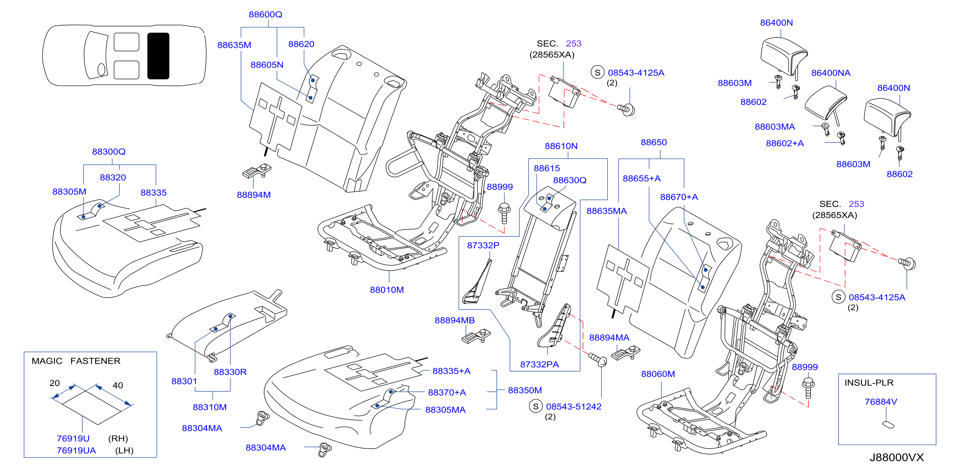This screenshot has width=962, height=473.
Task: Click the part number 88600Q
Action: tap(265, 14)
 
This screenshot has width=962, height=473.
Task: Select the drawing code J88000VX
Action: tap(896, 457)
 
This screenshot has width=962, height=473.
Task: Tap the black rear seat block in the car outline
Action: tap(158, 56)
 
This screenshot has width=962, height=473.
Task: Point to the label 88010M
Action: tap(387, 290)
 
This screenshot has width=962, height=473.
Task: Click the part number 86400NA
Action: tap(831, 73)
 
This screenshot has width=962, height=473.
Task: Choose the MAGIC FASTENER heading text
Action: tap(76, 360)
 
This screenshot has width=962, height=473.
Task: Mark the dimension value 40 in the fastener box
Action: tap(118, 385)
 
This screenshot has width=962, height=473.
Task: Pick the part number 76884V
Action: tap(881, 402)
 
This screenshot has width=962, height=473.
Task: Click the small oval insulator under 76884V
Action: tap(888, 425)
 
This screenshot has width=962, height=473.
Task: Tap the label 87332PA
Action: tap(539, 364)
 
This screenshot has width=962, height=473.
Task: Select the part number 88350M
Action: tap(525, 390)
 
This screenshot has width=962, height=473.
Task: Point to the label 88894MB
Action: tap(455, 320)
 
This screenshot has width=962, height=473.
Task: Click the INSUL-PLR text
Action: tap(869, 383)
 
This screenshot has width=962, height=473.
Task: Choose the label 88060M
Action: tap(658, 374)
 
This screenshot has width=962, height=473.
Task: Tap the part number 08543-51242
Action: tap(574, 407)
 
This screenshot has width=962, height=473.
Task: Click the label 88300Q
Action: tap(109, 152)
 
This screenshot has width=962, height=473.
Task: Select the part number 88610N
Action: tap(561, 146)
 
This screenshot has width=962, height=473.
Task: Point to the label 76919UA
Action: tap(76, 450)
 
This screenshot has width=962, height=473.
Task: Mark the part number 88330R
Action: tap(230, 372)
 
